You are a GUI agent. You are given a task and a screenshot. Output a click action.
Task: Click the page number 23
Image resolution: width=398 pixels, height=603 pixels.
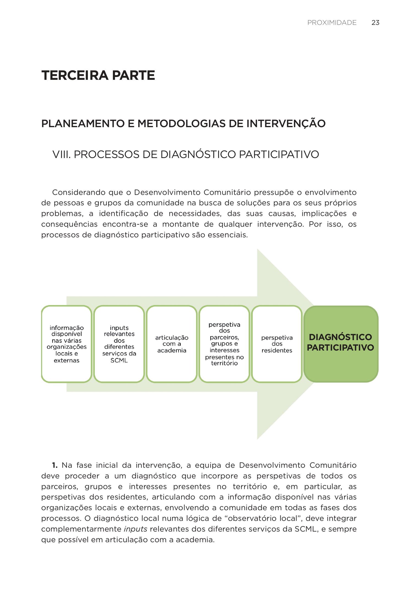coord(375,23)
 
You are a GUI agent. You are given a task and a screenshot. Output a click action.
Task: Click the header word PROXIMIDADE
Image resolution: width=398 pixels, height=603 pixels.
coord(332,23)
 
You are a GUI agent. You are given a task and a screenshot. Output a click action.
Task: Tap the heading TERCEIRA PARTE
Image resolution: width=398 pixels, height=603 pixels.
coord(98,75)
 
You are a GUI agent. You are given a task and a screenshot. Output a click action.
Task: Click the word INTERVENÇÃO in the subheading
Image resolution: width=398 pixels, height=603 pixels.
coord(286,124)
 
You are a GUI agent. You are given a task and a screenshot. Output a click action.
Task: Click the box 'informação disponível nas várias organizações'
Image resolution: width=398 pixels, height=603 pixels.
coord(67,344)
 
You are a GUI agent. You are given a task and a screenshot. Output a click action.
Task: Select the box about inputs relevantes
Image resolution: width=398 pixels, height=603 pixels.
coord(119,344)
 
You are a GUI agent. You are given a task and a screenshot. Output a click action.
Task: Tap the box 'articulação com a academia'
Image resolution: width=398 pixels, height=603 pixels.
coord(172,344)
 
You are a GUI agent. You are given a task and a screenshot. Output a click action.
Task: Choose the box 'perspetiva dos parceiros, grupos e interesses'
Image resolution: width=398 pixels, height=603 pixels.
coord(224,344)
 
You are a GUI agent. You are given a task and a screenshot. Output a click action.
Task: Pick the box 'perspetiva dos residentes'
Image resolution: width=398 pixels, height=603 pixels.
coord(277,344)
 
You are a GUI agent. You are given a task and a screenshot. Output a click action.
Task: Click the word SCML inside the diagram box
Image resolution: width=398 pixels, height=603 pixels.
coord(119,360)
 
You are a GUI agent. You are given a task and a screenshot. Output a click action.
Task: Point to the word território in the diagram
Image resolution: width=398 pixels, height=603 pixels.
coord(224,363)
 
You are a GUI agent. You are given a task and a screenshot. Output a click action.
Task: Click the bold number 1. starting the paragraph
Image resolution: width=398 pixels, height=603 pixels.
coord(55,465)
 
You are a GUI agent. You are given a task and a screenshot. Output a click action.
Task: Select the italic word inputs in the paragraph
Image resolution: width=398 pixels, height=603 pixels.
coord(136,529)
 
